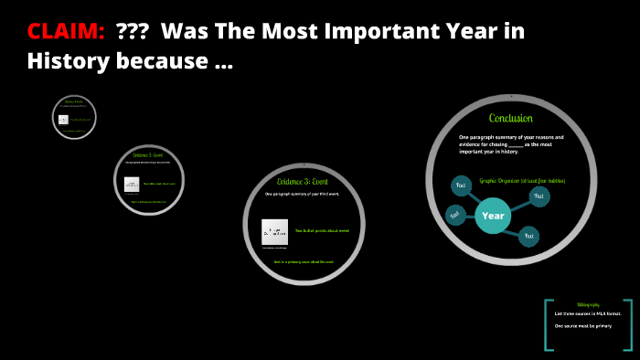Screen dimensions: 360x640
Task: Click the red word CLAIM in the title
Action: [x=65, y=31]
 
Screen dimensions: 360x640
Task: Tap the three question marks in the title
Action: [x=133, y=31]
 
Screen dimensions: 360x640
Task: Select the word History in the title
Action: [x=66, y=62]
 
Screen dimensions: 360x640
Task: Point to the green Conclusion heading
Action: [x=510, y=118]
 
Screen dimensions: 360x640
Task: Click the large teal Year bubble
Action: [x=493, y=216]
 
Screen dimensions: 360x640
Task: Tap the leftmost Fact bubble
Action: [x=454, y=215]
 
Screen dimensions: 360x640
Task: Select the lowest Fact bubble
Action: [x=528, y=237]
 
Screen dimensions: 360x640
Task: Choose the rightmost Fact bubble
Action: [x=539, y=196]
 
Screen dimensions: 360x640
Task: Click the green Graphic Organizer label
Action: [x=522, y=181]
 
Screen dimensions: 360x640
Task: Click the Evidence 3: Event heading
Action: [x=303, y=181]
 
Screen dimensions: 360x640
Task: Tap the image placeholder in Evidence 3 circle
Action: [x=274, y=231]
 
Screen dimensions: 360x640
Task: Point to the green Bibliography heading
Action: [x=588, y=304]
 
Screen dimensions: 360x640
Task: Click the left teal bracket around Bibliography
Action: [x=548, y=324]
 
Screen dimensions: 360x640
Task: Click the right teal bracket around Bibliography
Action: [x=630, y=324]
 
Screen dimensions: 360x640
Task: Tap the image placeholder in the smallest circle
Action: [x=63, y=120]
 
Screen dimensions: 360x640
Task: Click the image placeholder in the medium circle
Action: [x=132, y=184]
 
